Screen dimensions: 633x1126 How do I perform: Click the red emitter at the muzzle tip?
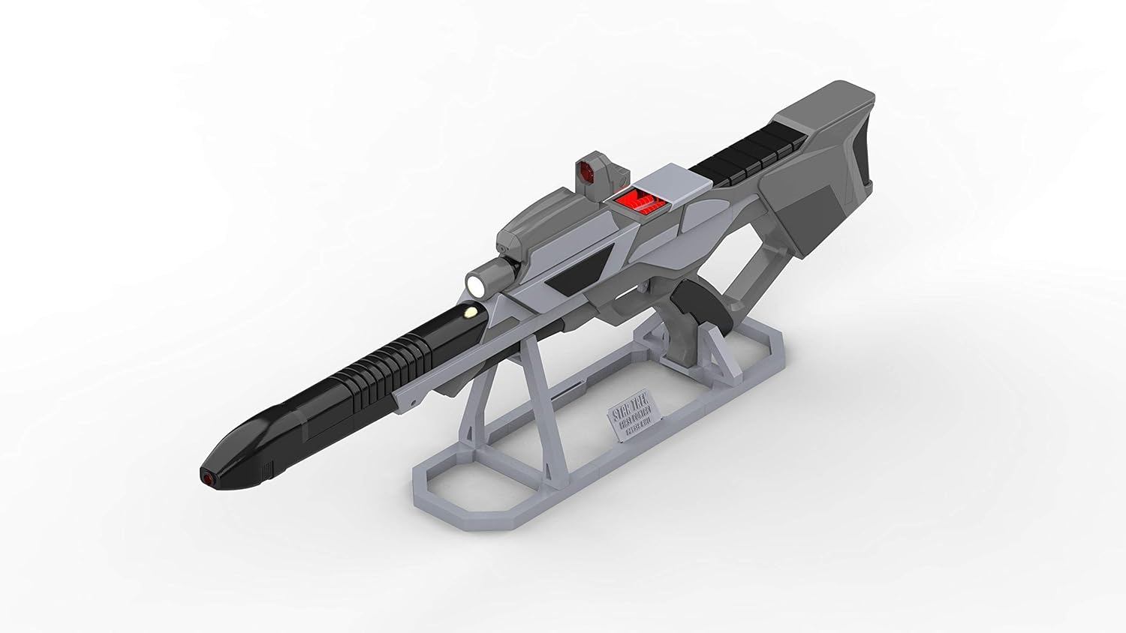[206, 476]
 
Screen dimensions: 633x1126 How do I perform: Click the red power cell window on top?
[636, 200]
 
